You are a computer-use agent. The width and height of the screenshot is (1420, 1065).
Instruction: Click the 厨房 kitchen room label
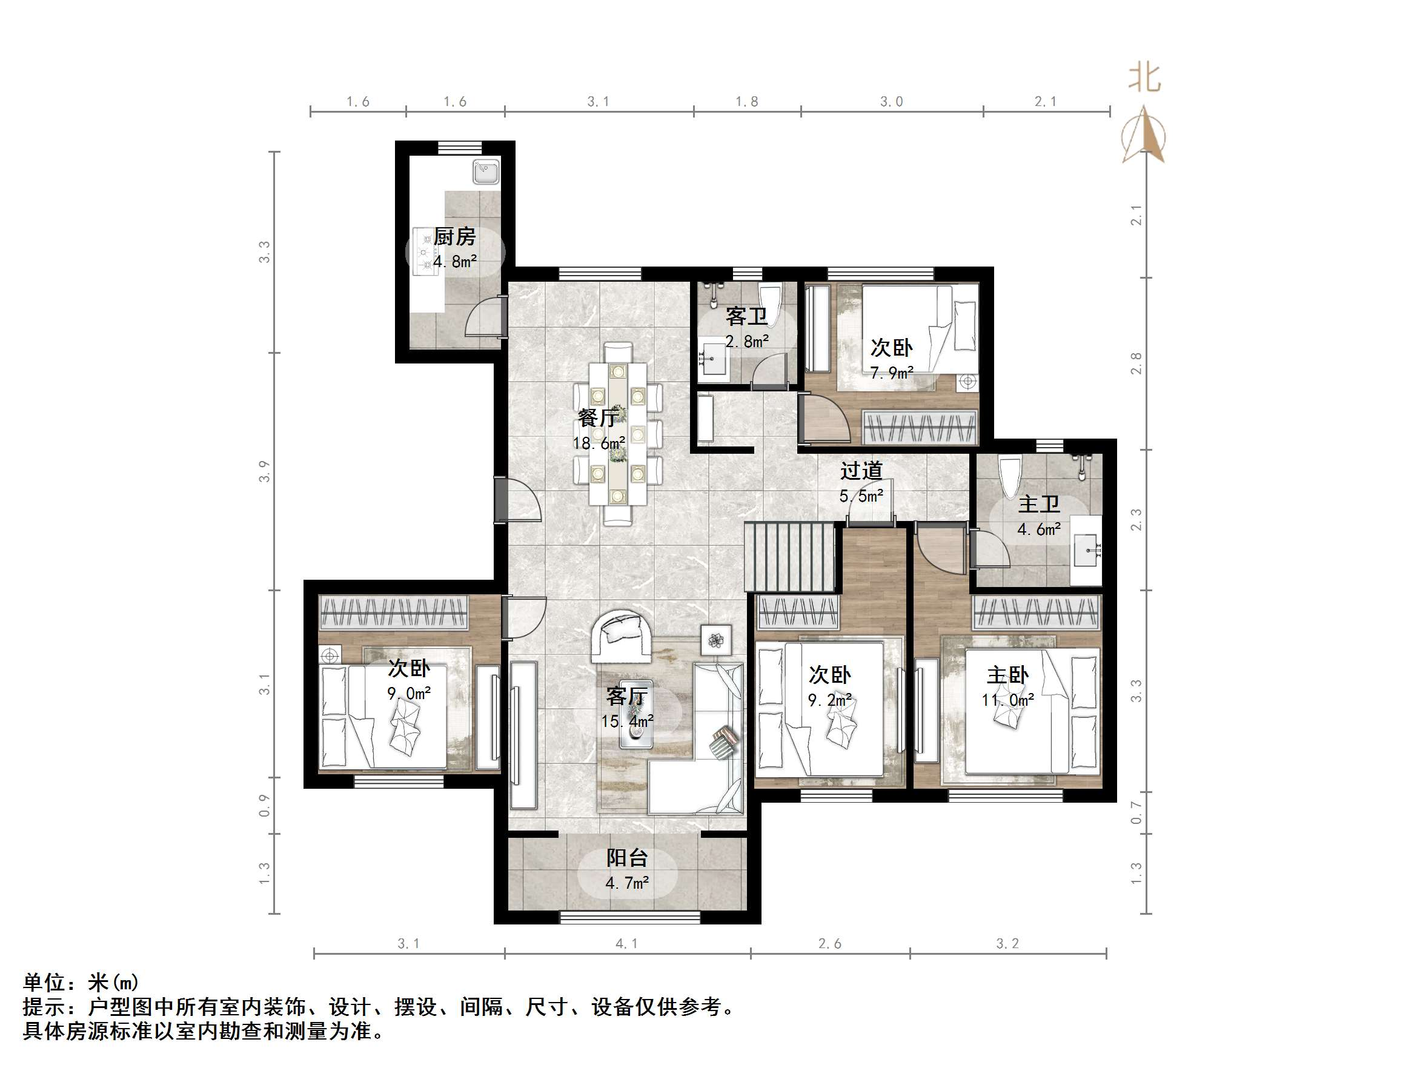tap(454, 237)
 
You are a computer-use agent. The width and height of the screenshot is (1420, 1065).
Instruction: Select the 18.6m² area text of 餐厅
tap(599, 443)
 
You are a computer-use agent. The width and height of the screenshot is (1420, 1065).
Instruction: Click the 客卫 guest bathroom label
tap(746, 316)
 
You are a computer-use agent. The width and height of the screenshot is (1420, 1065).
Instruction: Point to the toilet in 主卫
tap(1010, 474)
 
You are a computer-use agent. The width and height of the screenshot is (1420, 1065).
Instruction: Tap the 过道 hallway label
tap(861, 471)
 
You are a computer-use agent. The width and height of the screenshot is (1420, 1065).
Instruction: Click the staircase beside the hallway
tap(789, 557)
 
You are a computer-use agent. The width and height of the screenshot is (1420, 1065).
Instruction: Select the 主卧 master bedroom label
tap(1007, 675)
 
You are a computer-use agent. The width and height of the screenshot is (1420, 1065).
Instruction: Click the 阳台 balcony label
tap(627, 858)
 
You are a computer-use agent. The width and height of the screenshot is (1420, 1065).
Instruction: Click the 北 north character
tap(1144, 78)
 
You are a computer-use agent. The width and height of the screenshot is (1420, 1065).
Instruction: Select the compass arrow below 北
tap(1144, 136)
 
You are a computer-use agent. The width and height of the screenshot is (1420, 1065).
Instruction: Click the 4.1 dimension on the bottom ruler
tap(626, 943)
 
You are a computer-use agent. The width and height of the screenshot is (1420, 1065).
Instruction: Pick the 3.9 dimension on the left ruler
tap(265, 471)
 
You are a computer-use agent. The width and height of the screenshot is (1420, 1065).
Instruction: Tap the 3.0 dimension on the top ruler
tap(891, 101)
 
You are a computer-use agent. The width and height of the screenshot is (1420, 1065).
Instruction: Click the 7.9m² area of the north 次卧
tap(892, 373)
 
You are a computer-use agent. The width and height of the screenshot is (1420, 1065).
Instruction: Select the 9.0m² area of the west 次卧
tap(409, 693)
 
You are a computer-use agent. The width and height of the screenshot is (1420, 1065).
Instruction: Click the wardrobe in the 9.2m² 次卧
tap(798, 612)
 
